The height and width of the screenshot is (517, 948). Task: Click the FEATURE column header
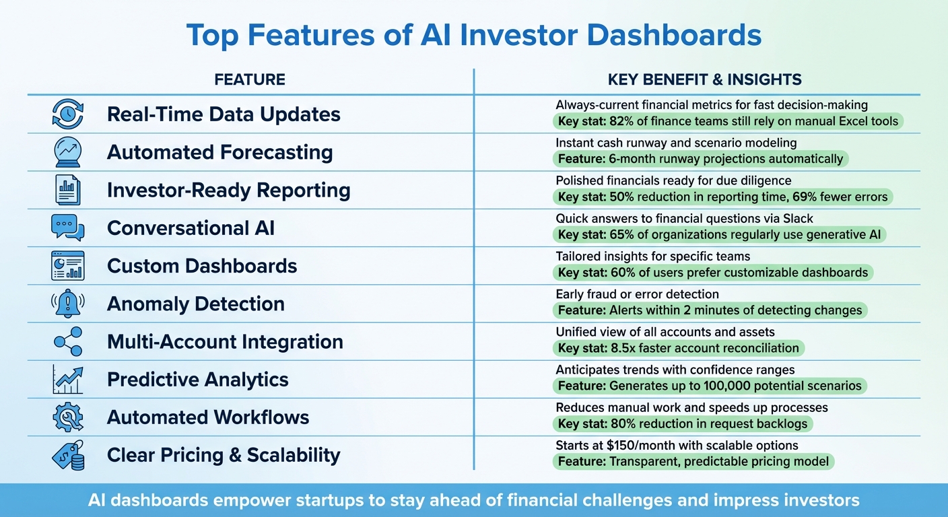pos(249,80)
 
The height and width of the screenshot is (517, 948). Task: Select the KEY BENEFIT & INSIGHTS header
pos(704,80)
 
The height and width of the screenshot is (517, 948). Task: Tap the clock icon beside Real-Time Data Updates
pos(67,114)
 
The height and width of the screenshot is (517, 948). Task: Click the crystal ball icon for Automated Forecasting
pos(67,152)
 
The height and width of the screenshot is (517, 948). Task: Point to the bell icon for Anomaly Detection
pos(67,304)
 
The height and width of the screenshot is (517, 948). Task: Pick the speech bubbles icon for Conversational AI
pos(67,228)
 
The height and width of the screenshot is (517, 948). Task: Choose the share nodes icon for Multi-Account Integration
pos(67,341)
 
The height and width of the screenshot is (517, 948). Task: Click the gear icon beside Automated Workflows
pos(67,417)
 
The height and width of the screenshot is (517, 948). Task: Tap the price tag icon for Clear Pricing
pos(67,455)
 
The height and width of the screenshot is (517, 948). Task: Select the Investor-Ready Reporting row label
pos(228,191)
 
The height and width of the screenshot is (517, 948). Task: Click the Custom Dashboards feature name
pos(202,266)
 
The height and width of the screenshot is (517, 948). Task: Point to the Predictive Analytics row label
pos(197,380)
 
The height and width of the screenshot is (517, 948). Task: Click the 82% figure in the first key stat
pos(623,122)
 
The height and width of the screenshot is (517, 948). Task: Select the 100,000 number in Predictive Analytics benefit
pos(710,386)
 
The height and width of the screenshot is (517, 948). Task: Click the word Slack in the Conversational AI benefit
pos(799,218)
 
